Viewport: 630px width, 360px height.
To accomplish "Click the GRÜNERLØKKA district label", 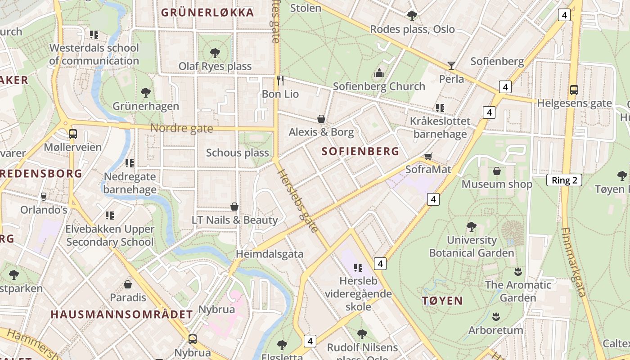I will (x=207, y=13).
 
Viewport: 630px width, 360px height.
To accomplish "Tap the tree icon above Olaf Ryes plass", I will (x=215, y=53).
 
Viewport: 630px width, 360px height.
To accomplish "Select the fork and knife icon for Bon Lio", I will (x=280, y=81).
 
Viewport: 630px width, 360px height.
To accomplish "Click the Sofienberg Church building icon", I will (x=379, y=73).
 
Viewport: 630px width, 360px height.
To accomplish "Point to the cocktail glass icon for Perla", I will (x=451, y=66).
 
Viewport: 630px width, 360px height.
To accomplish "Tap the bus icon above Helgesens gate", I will (x=574, y=90).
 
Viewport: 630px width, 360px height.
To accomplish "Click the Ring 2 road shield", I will (x=564, y=180).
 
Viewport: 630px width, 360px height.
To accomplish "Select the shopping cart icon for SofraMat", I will (x=428, y=156).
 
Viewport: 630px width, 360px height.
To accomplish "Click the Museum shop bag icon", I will (x=497, y=171).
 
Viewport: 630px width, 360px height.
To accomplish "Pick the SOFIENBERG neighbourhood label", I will (x=360, y=152).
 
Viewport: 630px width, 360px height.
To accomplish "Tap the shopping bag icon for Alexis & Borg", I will (x=321, y=119).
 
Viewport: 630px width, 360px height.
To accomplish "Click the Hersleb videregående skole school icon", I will (x=358, y=268).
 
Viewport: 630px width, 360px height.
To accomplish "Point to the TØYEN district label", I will (x=442, y=301).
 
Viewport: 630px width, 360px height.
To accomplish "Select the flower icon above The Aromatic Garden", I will (x=518, y=271).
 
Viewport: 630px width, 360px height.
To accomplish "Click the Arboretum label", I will (x=495, y=330).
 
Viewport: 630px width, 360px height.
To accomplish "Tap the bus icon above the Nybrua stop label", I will (x=193, y=339).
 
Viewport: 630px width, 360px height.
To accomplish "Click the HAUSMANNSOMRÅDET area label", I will (x=122, y=315).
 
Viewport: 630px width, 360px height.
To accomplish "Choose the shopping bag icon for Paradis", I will (x=128, y=284).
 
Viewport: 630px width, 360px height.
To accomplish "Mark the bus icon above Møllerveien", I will (x=72, y=134).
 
